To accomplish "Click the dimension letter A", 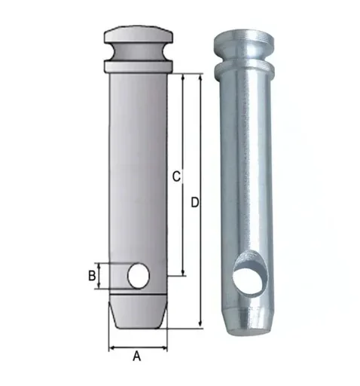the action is click(x=136, y=356).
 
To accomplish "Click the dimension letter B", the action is click(x=92, y=276).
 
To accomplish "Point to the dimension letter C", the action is click(x=176, y=176).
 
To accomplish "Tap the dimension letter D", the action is click(x=194, y=203).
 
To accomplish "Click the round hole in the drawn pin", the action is click(x=139, y=276).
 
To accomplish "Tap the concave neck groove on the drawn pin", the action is click(x=139, y=51).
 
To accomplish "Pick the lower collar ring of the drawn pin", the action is click(x=139, y=66).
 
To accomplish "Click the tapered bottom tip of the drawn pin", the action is click(x=138, y=311).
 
